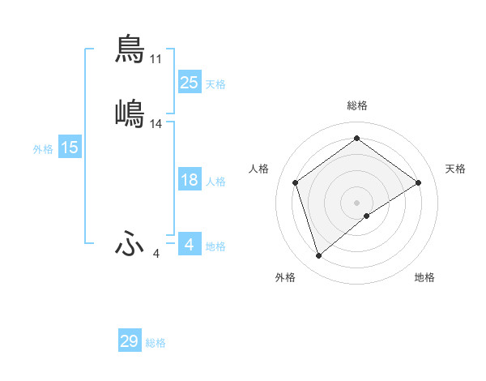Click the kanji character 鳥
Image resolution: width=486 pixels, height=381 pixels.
click(130, 49)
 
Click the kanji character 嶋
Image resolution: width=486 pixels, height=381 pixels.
click(130, 113)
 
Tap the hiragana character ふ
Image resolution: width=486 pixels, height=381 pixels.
click(130, 243)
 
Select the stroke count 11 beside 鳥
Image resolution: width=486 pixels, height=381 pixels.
click(156, 59)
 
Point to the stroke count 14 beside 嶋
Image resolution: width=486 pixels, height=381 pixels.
click(156, 124)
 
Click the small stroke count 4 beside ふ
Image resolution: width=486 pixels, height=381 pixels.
click(156, 254)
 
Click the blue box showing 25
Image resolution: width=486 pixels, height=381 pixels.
click(189, 82)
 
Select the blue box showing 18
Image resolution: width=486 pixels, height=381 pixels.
click(189, 180)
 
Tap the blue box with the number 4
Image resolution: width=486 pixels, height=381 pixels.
click(189, 244)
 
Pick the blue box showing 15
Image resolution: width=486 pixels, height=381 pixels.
click(70, 148)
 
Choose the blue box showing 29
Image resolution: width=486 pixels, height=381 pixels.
click(130, 341)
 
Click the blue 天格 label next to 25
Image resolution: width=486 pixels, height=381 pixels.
click(215, 84)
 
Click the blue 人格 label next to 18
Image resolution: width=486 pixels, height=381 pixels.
click(215, 182)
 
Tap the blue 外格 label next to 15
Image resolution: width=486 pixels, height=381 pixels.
click(43, 149)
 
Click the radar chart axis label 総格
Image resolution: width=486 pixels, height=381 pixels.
click(357, 105)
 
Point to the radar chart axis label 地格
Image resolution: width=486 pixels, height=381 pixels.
click(424, 278)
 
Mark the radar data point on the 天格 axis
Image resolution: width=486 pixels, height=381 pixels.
click(419, 182)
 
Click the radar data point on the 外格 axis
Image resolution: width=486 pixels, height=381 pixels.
click(318, 256)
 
